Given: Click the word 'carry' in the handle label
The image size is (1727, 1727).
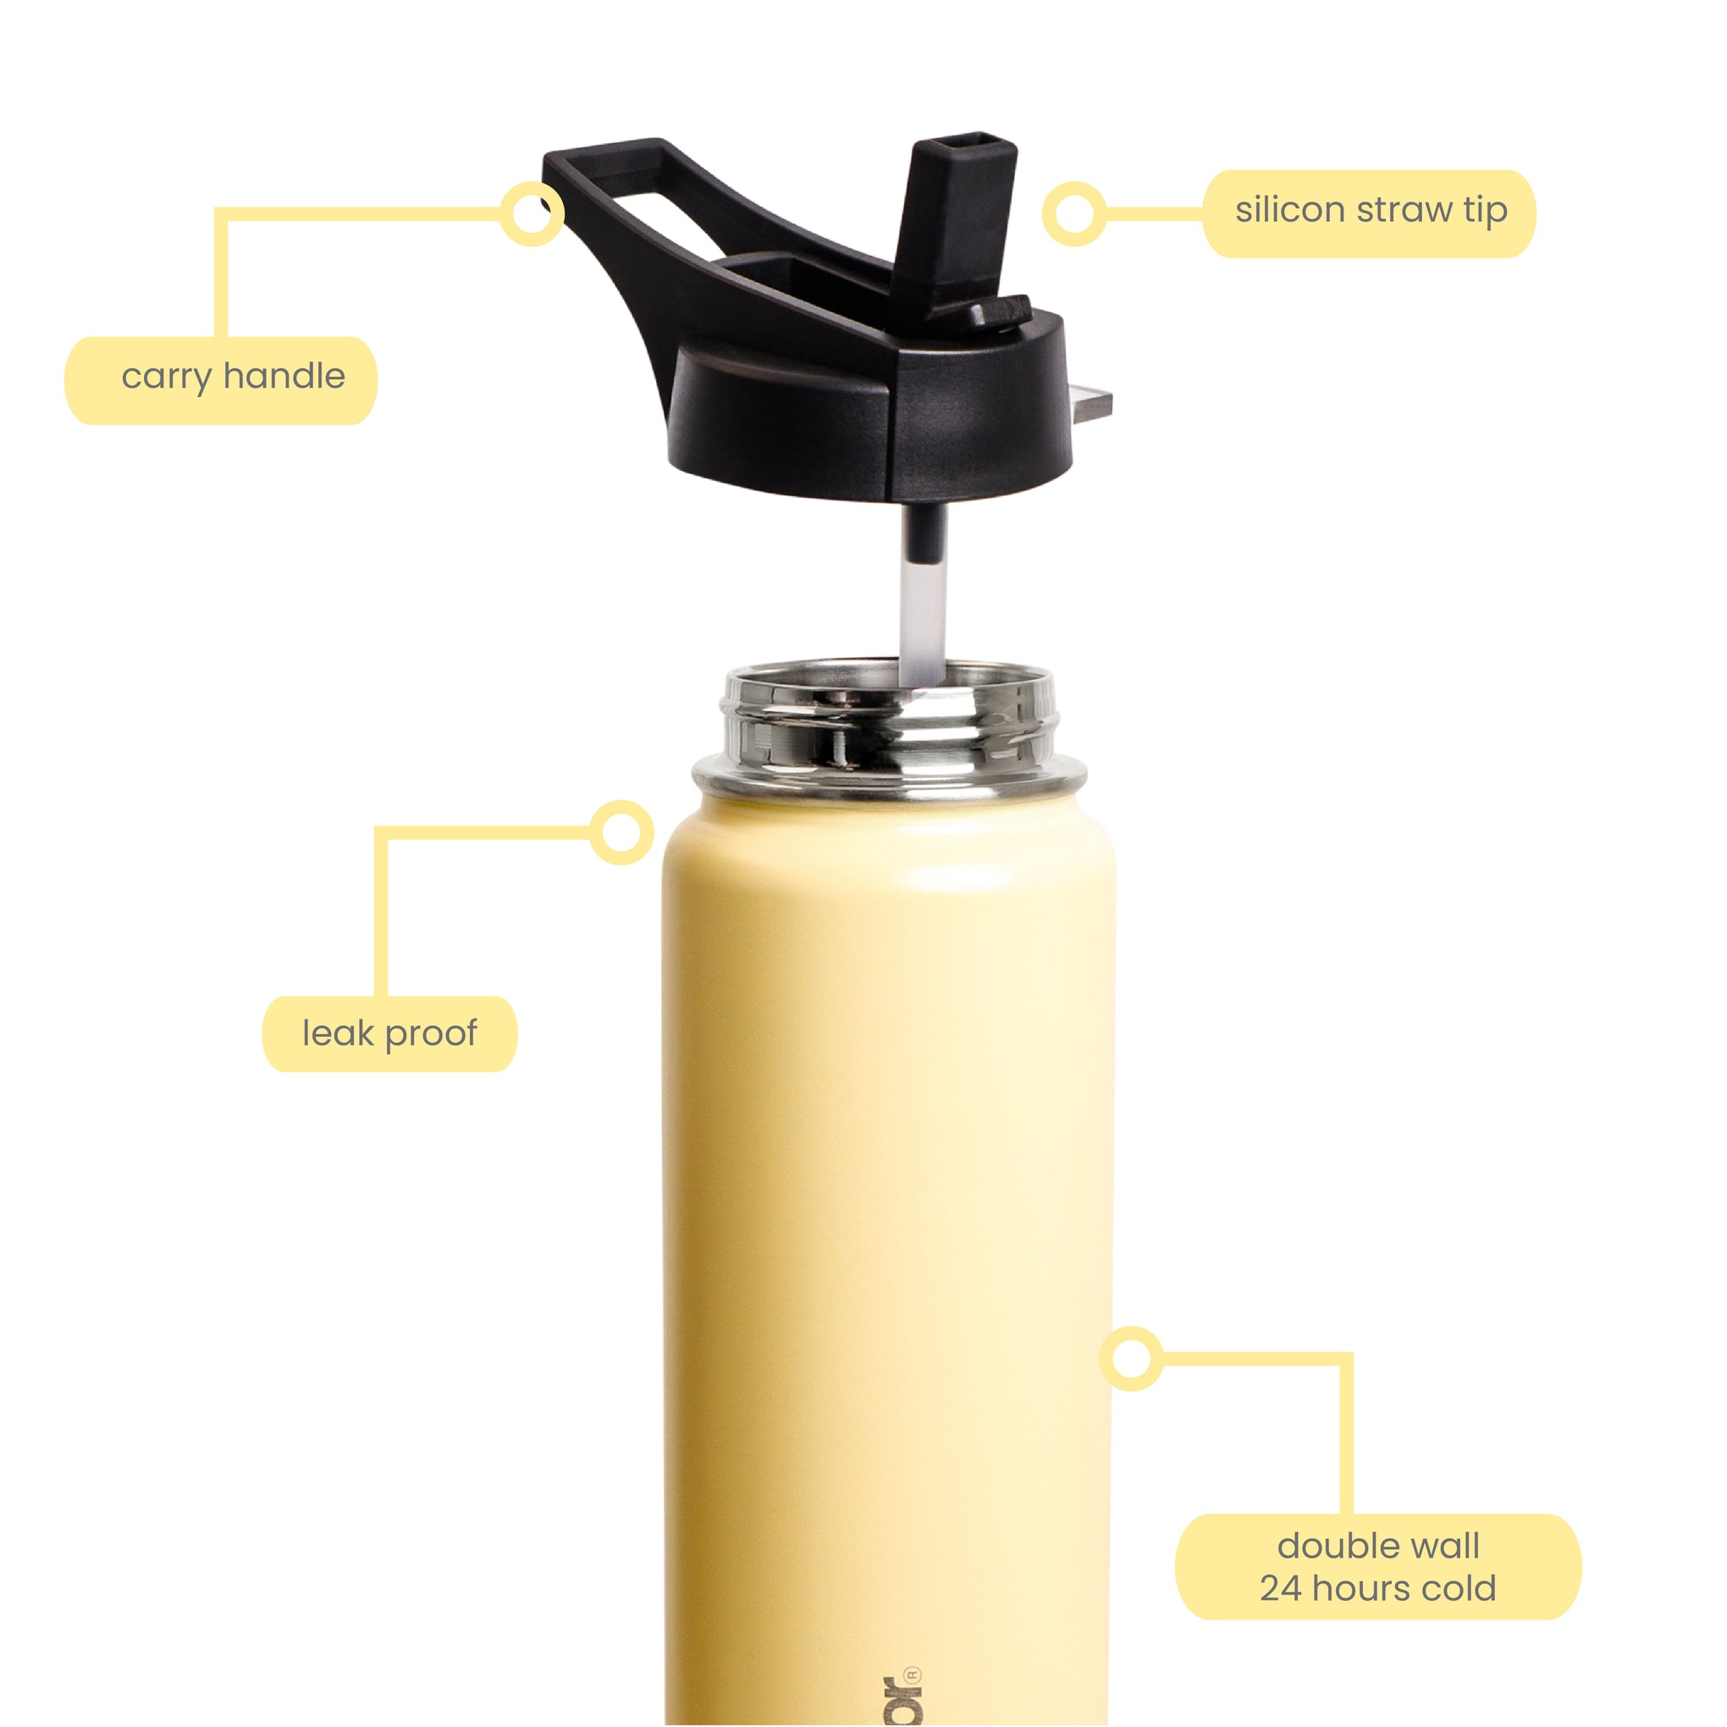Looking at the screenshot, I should point(167,377).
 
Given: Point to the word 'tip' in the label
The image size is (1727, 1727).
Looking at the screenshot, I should point(1486,212).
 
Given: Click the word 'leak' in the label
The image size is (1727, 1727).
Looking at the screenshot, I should point(338,1034).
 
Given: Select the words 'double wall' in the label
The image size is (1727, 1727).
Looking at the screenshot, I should point(1377,1546).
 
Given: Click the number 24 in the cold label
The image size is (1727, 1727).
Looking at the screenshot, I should point(1281,1588).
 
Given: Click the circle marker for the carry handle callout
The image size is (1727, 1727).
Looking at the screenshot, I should point(531,212).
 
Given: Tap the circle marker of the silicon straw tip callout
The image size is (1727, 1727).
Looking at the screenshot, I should point(1073,213).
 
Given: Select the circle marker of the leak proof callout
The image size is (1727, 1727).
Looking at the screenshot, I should point(621,832).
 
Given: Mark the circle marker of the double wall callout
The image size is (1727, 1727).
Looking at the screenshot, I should point(1131,1359).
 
